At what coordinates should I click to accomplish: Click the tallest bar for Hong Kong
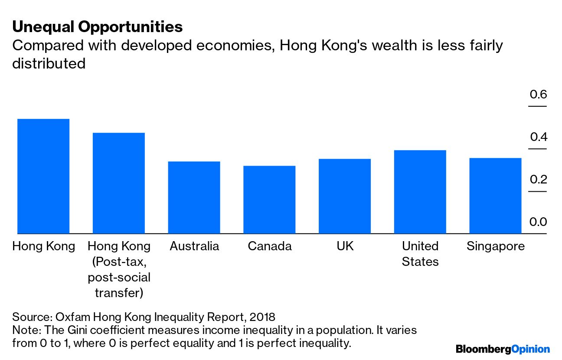43,176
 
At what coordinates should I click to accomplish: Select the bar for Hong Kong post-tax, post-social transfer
119,183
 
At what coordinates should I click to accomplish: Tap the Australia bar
194,197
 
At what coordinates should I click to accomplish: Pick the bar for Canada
269,200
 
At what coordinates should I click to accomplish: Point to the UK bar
345,196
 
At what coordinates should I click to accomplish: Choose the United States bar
420,192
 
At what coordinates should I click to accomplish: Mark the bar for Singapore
495,196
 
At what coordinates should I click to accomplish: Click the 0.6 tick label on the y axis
538,95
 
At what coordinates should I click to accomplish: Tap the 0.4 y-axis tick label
538,137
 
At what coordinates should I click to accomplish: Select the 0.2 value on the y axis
538,180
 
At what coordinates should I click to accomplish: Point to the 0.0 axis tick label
538,222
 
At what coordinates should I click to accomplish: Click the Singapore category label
495,246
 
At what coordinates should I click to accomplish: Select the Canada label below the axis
269,246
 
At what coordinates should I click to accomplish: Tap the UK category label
345,246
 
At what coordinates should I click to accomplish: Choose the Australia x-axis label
194,246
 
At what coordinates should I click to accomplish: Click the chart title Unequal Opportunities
97,27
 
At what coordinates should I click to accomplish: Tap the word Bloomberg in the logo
483,349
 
